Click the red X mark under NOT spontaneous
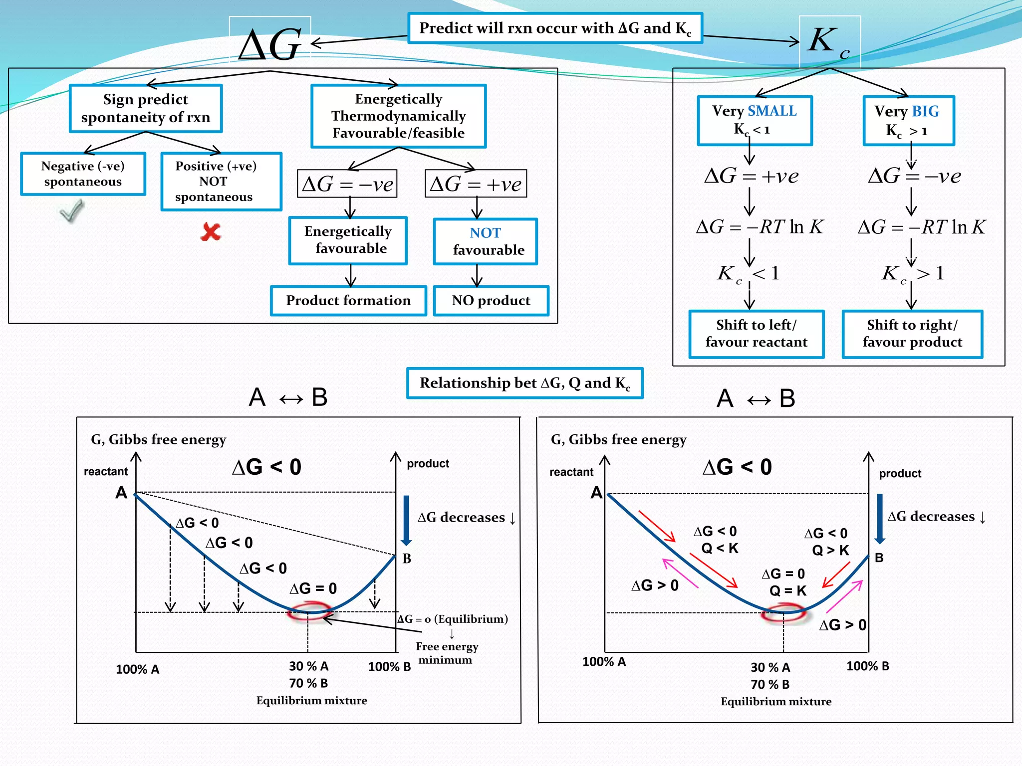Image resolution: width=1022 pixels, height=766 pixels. [x=211, y=232]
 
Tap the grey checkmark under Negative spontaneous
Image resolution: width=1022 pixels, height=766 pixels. [x=72, y=211]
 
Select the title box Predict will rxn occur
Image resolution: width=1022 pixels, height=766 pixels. [x=555, y=28]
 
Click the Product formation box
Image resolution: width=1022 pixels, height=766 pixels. [x=348, y=301]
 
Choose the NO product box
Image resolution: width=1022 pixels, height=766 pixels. [x=491, y=301]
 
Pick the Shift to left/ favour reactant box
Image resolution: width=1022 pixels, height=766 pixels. [x=756, y=334]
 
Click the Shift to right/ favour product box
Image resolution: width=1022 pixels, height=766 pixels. [x=912, y=334]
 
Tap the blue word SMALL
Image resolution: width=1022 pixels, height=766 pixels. [x=772, y=111]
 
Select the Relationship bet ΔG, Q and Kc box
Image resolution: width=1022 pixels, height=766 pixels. [x=524, y=383]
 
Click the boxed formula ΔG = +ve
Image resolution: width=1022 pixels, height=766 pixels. [x=476, y=184]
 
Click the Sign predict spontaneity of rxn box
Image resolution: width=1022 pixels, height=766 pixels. [x=146, y=108]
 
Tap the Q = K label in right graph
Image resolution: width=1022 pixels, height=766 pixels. [x=787, y=591]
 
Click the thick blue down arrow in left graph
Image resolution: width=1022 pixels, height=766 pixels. [x=406, y=520]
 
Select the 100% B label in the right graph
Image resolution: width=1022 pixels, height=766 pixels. [x=867, y=666]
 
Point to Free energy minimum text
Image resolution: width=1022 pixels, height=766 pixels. [x=447, y=653]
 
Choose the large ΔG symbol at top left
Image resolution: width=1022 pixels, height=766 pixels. [x=270, y=45]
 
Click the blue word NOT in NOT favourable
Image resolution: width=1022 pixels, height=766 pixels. [x=485, y=233]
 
